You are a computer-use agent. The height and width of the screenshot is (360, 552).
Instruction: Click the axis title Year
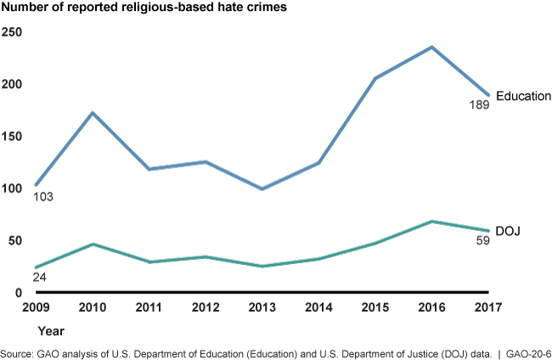point(50,329)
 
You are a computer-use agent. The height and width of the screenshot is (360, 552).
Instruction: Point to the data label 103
point(43,197)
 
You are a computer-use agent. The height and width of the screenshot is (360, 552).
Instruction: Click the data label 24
point(39,278)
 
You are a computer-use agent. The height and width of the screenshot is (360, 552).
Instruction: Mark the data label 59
point(482,241)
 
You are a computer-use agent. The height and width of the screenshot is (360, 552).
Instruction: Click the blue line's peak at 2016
point(432,47)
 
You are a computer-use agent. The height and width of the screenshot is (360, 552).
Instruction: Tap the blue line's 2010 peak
point(91,113)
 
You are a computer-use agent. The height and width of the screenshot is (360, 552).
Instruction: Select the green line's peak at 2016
point(432,221)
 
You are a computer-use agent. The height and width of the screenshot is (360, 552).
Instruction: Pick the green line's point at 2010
point(91,244)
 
